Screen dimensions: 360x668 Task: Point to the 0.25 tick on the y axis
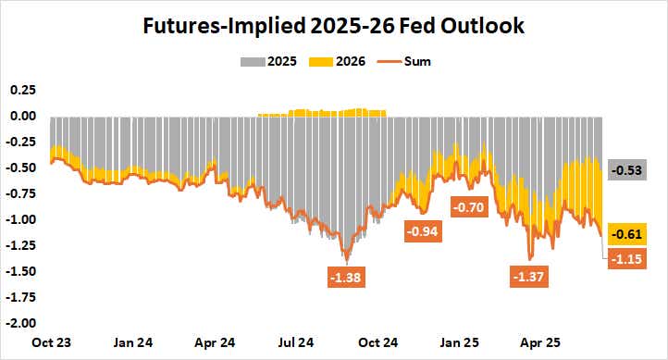21,90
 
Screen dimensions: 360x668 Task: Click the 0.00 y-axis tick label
21,116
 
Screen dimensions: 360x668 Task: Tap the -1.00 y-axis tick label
19,219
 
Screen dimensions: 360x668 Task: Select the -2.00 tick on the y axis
19,323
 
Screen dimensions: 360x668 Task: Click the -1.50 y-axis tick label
19,271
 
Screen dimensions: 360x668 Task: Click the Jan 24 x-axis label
133,341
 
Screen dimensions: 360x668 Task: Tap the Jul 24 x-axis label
299,341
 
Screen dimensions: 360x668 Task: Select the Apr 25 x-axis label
548,341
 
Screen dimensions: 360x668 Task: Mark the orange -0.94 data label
425,230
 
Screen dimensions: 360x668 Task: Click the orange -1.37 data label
530,276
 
